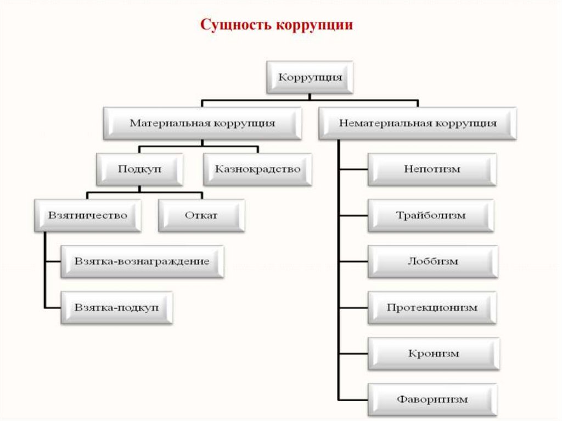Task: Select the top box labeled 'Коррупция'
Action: [x=310, y=77]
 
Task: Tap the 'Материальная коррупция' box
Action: [x=203, y=124]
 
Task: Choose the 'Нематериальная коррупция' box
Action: [x=418, y=124]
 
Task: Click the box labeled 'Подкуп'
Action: [x=140, y=169]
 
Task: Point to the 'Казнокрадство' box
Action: [x=258, y=169]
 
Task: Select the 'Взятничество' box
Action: [x=88, y=215]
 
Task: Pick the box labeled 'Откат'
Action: [x=201, y=215]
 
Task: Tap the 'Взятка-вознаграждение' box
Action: [x=142, y=261]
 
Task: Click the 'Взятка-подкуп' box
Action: [x=117, y=307]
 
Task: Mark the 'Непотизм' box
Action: [x=432, y=169]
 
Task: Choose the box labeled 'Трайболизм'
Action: [x=431, y=215]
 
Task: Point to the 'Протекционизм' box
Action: [x=432, y=307]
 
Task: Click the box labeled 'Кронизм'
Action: [x=433, y=353]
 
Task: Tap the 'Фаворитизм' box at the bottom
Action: [x=432, y=399]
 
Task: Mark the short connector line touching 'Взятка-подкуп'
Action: [x=53, y=307]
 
